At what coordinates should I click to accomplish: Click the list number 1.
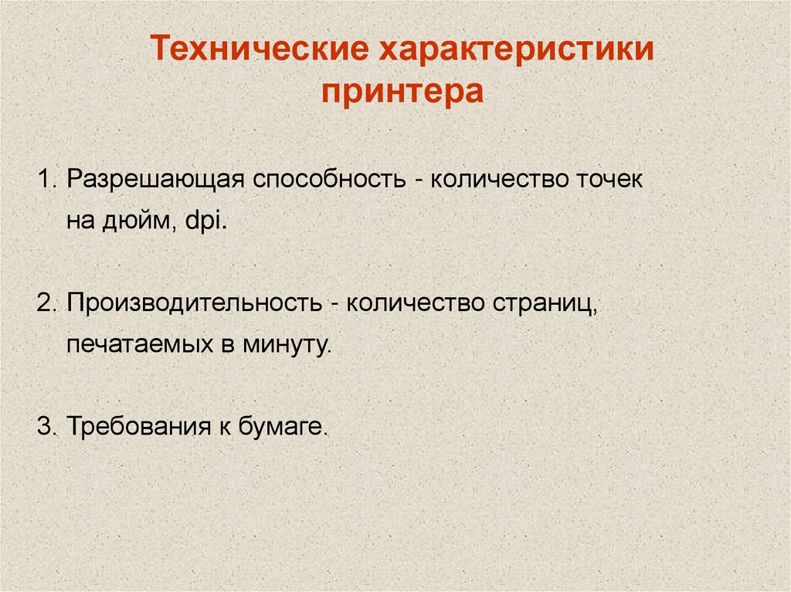[x=45, y=180]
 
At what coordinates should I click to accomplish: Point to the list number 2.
[x=44, y=302]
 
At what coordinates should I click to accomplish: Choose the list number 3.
[x=44, y=425]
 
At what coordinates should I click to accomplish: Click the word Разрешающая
[x=155, y=180]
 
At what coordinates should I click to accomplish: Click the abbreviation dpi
[x=205, y=222]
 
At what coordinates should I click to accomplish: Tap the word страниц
[x=541, y=303]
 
